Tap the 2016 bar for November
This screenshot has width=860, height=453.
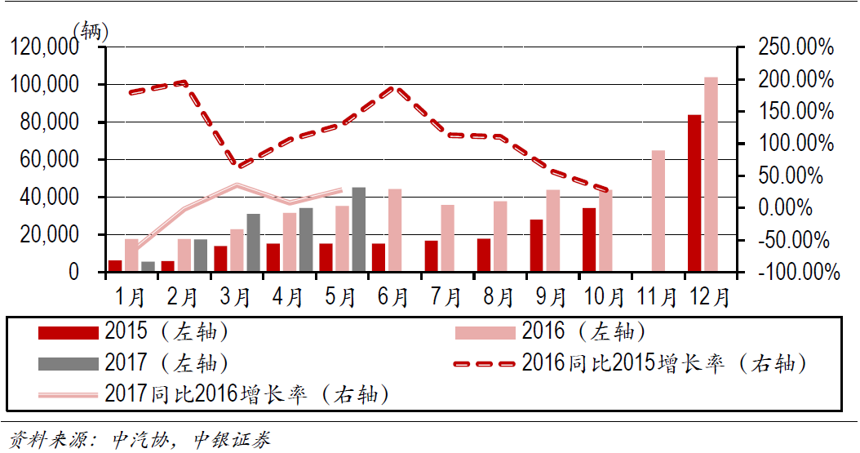click(658, 211)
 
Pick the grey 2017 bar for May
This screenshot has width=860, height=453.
click(358, 229)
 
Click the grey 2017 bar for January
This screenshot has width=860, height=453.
click(148, 266)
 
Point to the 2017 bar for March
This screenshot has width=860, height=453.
click(253, 242)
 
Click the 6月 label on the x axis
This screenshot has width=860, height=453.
click(393, 295)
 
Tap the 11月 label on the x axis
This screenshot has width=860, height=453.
click(656, 295)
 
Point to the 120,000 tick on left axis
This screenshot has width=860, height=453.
click(44, 48)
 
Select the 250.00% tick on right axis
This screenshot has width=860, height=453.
click(796, 48)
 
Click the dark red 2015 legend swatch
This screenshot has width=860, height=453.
click(69, 332)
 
